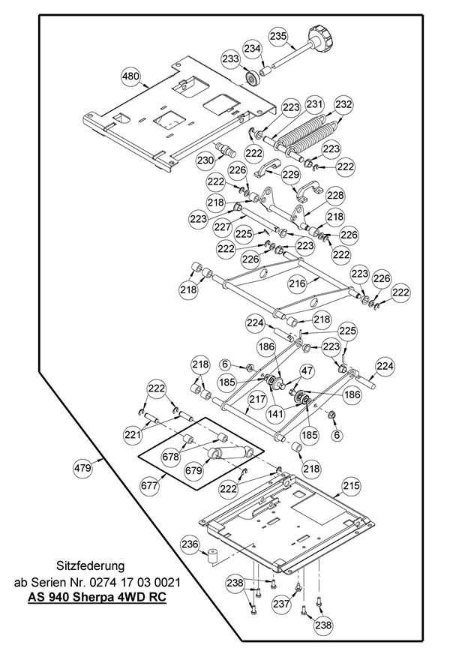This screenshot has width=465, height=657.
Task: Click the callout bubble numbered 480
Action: pyautogui.click(x=130, y=76)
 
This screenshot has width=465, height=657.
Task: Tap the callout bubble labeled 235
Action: pyautogui.click(x=278, y=36)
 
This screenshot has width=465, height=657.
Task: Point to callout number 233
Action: pyautogui.click(x=230, y=58)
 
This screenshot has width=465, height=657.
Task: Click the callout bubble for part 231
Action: pyautogui.click(x=314, y=104)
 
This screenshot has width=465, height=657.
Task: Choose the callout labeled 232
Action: pyautogui.click(x=343, y=104)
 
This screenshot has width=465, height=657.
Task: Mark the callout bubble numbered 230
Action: pyautogui.click(x=205, y=160)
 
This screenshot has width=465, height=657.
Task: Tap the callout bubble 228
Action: pyautogui.click(x=334, y=195)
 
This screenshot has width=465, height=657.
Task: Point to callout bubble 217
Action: pyautogui.click(x=257, y=400)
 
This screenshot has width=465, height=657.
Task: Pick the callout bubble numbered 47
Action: pyautogui.click(x=307, y=370)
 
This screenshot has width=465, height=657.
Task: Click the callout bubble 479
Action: pyautogui.click(x=82, y=469)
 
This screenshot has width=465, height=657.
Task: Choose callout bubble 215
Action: pyautogui.click(x=351, y=487)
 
